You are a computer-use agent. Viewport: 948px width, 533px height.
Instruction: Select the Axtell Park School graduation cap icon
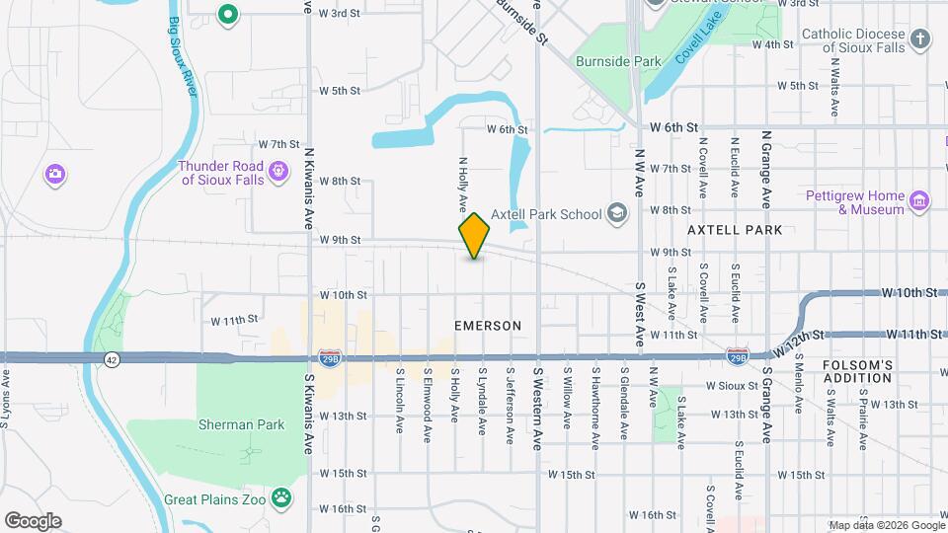[617, 213]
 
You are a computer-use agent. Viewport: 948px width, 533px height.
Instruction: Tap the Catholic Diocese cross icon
[920, 39]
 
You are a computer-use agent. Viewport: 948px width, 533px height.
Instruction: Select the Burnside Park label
[618, 61]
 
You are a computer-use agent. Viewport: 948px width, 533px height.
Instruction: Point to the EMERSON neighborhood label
[488, 325]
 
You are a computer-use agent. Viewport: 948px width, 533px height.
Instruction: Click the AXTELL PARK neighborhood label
[735, 230]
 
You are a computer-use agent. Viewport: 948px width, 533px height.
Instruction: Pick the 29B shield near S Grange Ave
[737, 352]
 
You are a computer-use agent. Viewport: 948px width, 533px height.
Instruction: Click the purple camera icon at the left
[55, 175]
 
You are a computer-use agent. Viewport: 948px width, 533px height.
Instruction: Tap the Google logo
[33, 520]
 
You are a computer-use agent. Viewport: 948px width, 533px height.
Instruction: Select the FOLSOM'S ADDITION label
[857, 373]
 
